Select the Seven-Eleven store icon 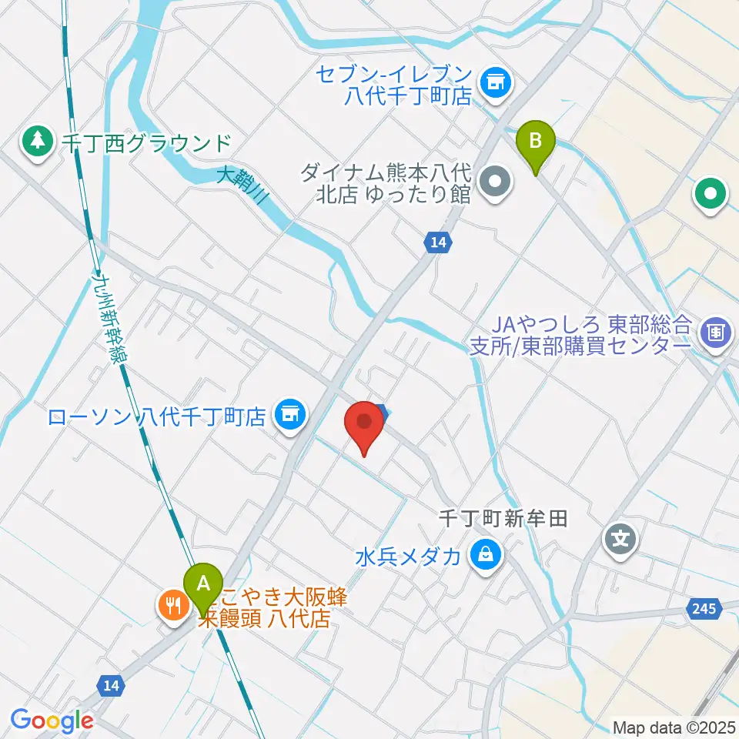[493, 81]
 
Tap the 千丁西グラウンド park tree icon [36, 141]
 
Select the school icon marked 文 [620, 537]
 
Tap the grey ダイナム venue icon [493, 182]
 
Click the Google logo [52, 721]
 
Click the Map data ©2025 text [673, 727]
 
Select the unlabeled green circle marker [710, 194]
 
